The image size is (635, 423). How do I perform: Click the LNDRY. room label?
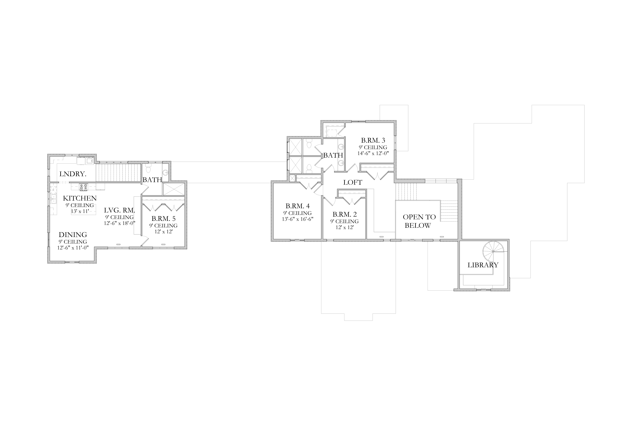tap(73, 174)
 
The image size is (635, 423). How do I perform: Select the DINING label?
tap(73, 235)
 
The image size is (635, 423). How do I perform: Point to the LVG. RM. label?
tap(120, 210)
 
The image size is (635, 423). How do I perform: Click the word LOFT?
tap(353, 182)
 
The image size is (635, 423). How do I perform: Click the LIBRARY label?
tap(483, 265)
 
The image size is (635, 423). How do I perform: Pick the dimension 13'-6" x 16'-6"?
tap(297, 219)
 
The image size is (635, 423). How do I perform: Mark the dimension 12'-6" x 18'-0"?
tap(120, 223)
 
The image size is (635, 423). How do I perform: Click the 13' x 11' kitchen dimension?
tap(80, 211)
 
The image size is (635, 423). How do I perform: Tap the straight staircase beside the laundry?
tap(119, 173)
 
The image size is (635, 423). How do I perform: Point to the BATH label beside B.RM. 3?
tap(333, 155)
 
